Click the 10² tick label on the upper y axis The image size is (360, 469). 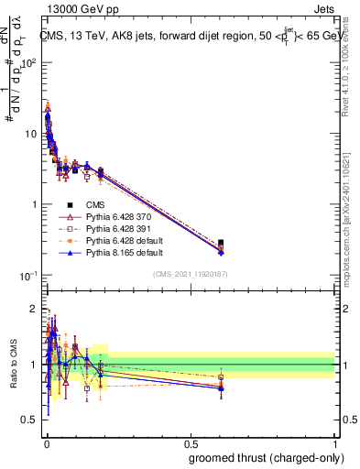coord(27,63)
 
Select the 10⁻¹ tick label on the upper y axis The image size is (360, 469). coord(27,276)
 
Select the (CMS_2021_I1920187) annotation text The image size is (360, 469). coord(190,274)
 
